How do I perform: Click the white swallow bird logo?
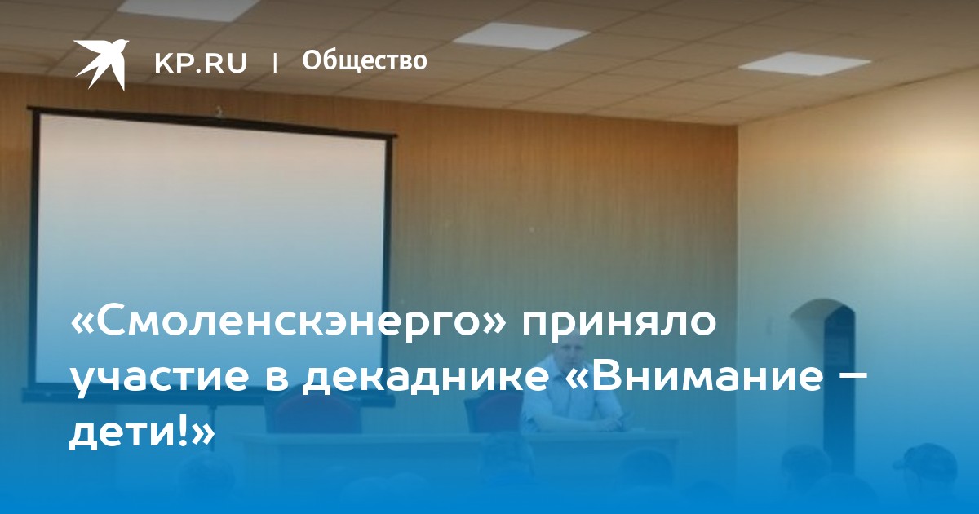tap(100, 64)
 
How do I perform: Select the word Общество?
tap(365, 60)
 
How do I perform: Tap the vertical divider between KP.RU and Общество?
tap(275, 64)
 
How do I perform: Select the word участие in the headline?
tap(160, 379)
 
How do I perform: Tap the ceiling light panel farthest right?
tap(804, 64)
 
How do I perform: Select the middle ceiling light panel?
tap(522, 36)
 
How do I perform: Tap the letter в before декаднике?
tap(277, 379)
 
